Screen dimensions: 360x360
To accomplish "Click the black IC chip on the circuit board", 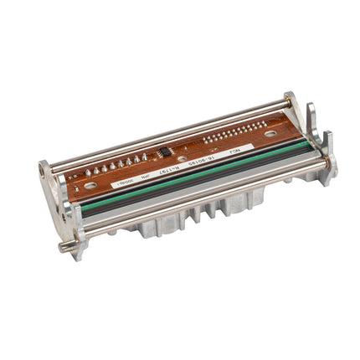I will (166, 151).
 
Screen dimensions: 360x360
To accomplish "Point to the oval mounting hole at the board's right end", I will (270, 132).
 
